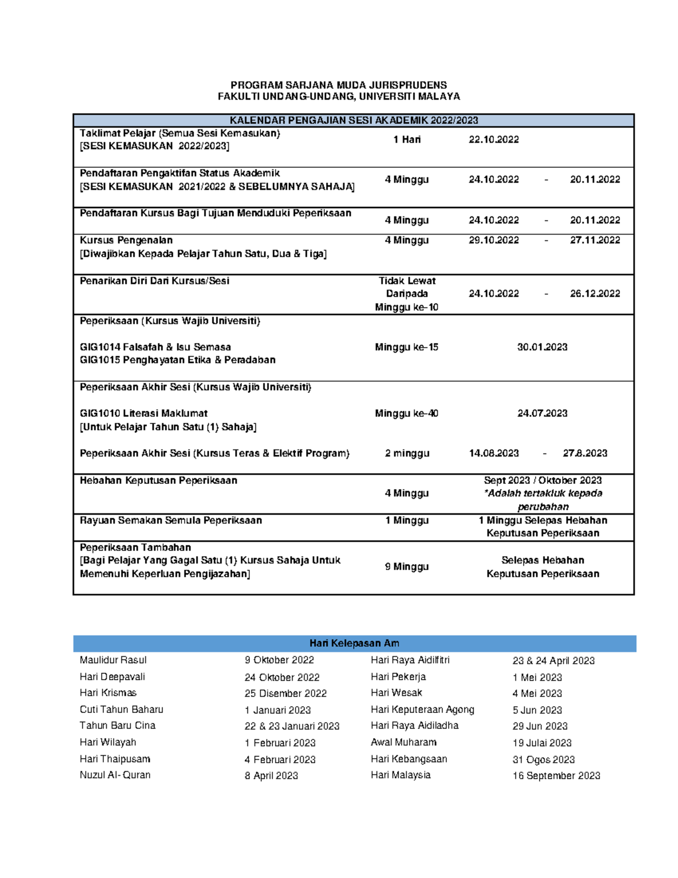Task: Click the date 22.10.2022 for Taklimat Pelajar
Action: click(x=493, y=140)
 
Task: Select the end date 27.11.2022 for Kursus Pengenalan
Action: click(x=594, y=240)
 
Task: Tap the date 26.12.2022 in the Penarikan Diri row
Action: click(x=594, y=293)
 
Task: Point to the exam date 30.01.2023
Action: click(x=542, y=347)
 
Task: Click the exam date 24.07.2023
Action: click(x=542, y=413)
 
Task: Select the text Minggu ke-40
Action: click(x=406, y=413)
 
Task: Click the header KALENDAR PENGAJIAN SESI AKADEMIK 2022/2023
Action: click(x=354, y=120)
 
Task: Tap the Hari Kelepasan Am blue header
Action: click(x=354, y=643)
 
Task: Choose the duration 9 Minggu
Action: click(x=406, y=566)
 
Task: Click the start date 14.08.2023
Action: click(x=493, y=453)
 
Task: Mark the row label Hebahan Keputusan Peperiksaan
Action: click(x=158, y=481)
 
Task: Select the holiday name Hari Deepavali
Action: click(x=112, y=677)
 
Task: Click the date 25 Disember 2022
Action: click(x=285, y=693)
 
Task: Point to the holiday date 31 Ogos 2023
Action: click(x=543, y=759)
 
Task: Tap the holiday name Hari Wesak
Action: click(x=396, y=693)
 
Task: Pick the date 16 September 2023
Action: click(x=556, y=776)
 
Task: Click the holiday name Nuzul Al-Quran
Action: click(x=115, y=775)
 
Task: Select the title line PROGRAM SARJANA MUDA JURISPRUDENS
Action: click(x=338, y=85)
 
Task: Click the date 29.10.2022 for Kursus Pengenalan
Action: click(x=493, y=240)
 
